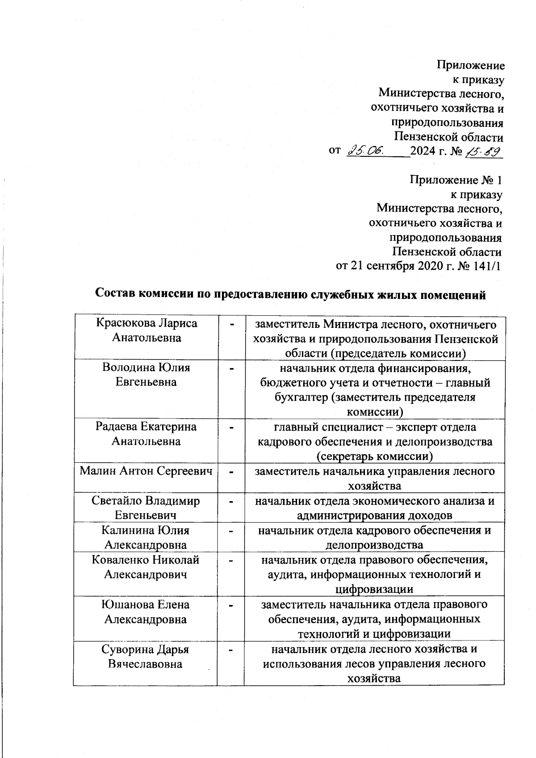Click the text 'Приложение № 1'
click(x=456, y=180)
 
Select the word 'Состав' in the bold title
click(x=115, y=294)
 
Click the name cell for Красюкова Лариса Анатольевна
click(x=147, y=330)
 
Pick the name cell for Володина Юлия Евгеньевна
click(x=147, y=374)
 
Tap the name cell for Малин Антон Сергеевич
click(x=146, y=471)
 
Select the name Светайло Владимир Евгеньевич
click(x=146, y=508)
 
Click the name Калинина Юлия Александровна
click(x=146, y=537)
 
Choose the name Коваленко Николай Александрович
click(x=146, y=567)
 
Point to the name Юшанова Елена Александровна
click(x=146, y=611)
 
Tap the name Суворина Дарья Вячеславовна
click(x=146, y=657)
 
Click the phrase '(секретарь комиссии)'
click(x=374, y=456)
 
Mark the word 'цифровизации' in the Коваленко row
click(x=374, y=589)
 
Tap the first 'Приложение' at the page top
click(x=470, y=66)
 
